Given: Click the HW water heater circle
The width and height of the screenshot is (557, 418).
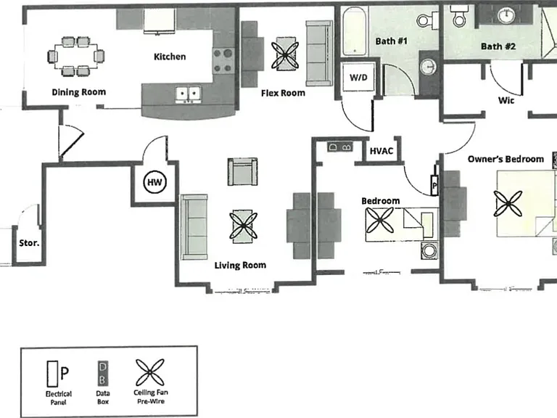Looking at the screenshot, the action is pos(154,182).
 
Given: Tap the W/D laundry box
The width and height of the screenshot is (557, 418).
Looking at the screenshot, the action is pos(358,77).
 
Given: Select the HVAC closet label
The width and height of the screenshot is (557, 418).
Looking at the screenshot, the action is pos(381,151).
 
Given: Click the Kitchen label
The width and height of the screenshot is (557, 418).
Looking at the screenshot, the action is pos(170,57).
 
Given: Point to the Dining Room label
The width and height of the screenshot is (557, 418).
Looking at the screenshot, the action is pos(78,92).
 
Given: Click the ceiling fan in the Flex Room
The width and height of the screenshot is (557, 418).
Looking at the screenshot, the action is pos(285,55).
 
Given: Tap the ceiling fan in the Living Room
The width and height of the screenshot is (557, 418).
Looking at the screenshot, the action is pos(244,226).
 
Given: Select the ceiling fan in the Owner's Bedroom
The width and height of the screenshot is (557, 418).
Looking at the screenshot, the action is pos(508,203).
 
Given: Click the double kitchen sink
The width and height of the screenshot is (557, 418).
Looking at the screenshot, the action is pos(188,94).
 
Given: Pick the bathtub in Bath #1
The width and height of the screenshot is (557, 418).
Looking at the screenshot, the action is pos(355,32).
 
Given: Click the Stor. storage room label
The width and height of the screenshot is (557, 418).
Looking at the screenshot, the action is pos(29,243).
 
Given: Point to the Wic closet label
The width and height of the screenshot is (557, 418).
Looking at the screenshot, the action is pos(506,100).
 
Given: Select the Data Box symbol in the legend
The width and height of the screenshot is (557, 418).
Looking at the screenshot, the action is pos(103,373).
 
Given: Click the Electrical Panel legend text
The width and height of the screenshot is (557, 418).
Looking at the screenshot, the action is pos(59,398).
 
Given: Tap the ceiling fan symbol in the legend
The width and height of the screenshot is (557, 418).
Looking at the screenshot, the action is pos(150,372).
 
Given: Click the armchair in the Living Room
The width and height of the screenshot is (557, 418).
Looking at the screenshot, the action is pos(243,172).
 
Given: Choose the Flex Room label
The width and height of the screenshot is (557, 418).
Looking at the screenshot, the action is pos(283,93).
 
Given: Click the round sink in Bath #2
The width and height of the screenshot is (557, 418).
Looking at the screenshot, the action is pos(506,15).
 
